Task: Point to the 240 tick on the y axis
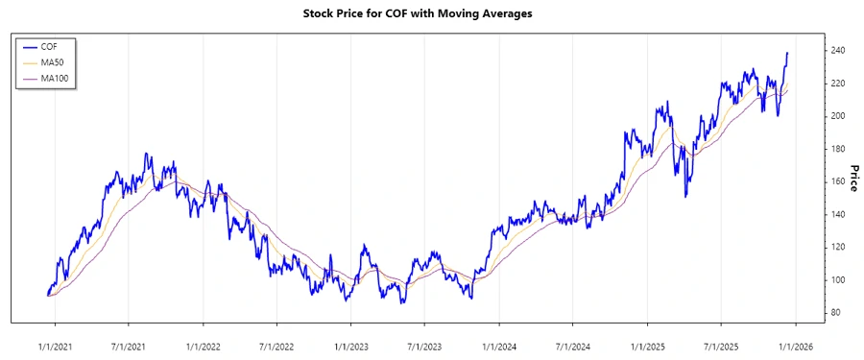coord(838,50)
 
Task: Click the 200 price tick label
coord(838,115)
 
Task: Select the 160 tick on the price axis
coord(838,181)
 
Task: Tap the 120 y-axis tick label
coord(838,247)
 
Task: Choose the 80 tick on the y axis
coord(835,312)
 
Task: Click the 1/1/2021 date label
coord(54,346)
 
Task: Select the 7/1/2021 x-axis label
coord(128,346)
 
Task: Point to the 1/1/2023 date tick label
coord(350,346)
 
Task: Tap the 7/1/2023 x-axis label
coord(424,346)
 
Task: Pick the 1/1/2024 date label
coord(499,346)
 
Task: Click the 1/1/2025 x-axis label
coord(648,346)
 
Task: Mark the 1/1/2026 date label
coord(797,346)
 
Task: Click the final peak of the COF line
coord(788,53)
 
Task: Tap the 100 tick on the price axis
coord(838,279)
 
